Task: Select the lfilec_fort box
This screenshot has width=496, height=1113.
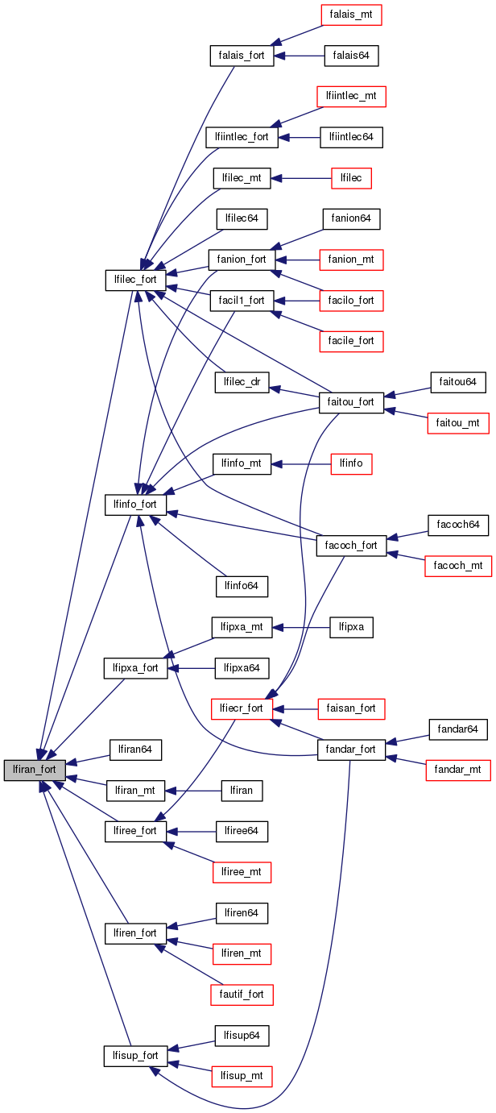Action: pyautogui.click(x=135, y=280)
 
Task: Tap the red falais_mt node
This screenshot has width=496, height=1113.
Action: pyautogui.click(x=350, y=15)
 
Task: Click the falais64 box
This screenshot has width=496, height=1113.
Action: pyautogui.click(x=350, y=56)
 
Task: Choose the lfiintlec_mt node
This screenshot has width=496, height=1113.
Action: pyautogui.click(x=351, y=96)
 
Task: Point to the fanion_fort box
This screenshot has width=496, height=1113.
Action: pyautogui.click(x=242, y=260)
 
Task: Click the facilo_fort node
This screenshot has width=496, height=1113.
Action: pyautogui.click(x=350, y=301)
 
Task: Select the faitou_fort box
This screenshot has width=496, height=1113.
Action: pyautogui.click(x=350, y=402)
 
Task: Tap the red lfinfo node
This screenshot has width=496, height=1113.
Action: pyautogui.click(x=351, y=463)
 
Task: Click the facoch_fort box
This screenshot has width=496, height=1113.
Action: pyautogui.click(x=350, y=545)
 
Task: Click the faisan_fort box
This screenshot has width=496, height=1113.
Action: pyautogui.click(x=350, y=708)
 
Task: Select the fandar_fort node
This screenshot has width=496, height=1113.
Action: pyautogui.click(x=350, y=750)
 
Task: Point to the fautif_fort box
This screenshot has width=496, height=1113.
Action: pyautogui.click(x=242, y=995)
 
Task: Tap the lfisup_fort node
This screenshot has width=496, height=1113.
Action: pyautogui.click(x=135, y=1056)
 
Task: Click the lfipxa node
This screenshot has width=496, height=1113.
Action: pyautogui.click(x=351, y=626)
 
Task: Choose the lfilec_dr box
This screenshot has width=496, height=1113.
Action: pyautogui.click(x=242, y=382)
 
